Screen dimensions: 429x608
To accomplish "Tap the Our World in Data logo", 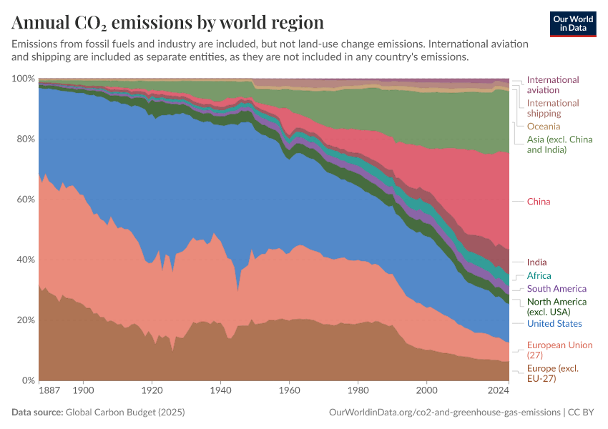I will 572,23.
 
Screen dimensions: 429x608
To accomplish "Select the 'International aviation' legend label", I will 552,85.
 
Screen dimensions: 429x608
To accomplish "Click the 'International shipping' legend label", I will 552,108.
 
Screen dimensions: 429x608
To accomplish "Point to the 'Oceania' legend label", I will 544,127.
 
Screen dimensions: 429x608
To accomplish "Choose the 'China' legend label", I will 539,202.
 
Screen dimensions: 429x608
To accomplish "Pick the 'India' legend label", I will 536,262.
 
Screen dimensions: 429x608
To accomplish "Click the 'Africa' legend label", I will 539,276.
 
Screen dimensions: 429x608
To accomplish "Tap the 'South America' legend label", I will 556,289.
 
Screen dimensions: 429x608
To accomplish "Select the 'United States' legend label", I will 555,324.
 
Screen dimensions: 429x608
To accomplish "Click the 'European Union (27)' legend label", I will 559,350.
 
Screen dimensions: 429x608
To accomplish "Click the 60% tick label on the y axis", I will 25,199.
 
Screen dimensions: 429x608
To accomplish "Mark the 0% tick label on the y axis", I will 28,380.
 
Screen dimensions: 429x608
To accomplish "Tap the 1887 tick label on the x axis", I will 50,391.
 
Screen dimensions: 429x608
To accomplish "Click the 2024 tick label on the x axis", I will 497,391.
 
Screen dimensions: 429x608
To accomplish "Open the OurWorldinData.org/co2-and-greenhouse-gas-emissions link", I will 444,413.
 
